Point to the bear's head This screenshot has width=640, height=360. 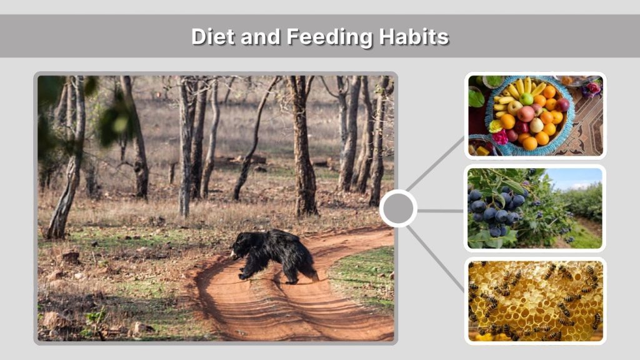coord(238,249)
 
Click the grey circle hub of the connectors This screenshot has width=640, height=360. coord(398,208)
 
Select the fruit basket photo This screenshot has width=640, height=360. coord(535,115)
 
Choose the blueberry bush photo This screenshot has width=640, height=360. coord(535,208)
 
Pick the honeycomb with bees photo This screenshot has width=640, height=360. coord(535,301)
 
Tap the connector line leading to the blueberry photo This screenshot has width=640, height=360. coord(440,211)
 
